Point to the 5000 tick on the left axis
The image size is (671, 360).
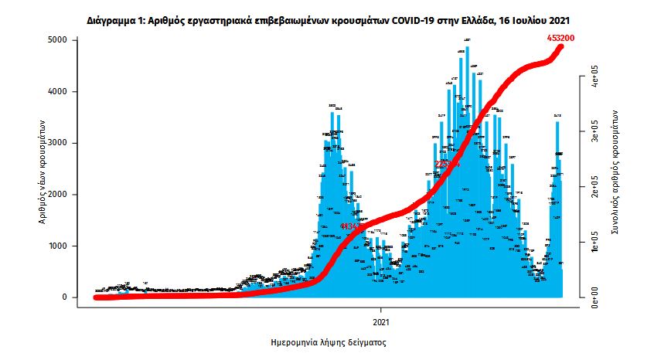pyautogui.click(x=60, y=39)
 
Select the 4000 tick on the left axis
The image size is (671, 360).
pyautogui.click(x=60, y=91)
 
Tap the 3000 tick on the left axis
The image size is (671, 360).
pyautogui.click(x=60, y=143)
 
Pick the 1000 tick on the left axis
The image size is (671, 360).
pyautogui.click(x=60, y=246)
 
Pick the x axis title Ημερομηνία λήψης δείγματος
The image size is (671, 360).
pyautogui.click(x=324, y=341)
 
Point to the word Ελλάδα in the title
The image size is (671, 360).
pyautogui.click(x=491, y=17)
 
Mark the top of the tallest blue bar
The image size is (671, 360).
pyautogui.click(x=467, y=48)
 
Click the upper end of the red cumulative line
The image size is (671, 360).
pyautogui.click(x=561, y=47)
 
